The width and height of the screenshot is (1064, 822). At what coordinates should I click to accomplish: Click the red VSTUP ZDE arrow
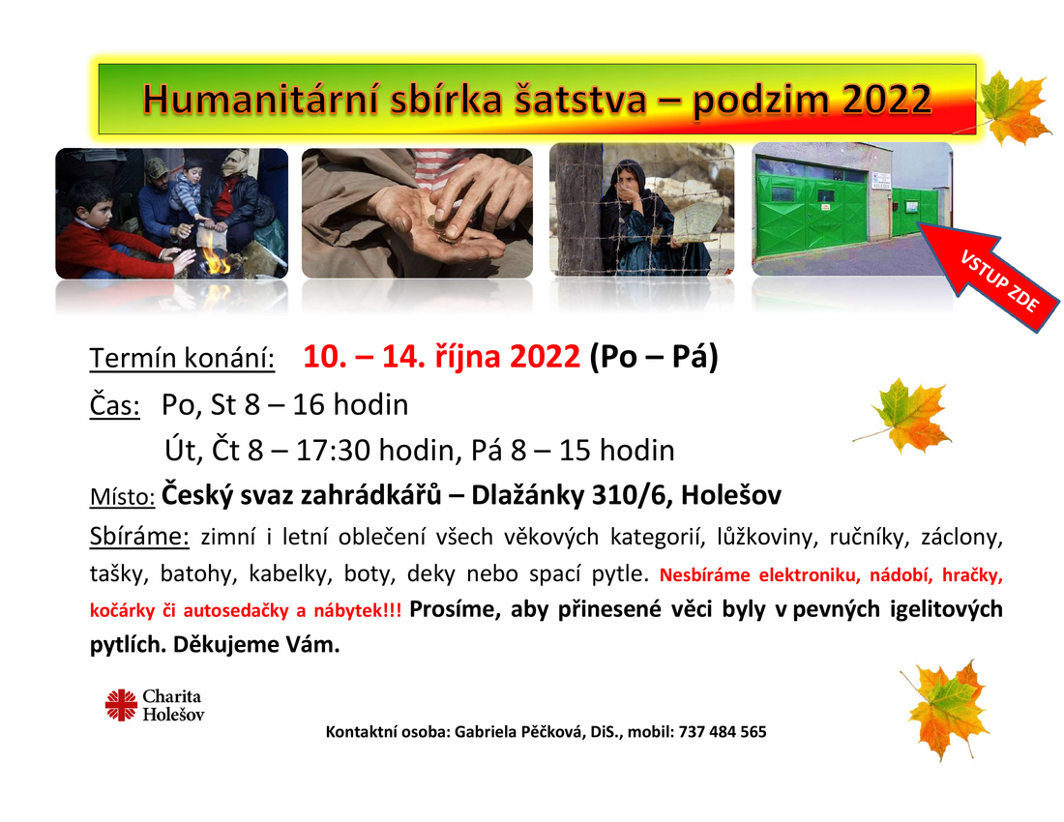pyautogui.click(x=989, y=276)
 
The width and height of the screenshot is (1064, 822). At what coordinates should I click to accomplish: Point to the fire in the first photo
pyautogui.click(x=217, y=259)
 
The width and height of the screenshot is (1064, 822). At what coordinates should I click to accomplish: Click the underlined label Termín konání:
pyautogui.click(x=182, y=358)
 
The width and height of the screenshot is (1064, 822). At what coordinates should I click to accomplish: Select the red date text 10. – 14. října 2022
pyautogui.click(x=442, y=356)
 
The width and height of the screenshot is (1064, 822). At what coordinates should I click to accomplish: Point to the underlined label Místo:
pyautogui.click(x=122, y=496)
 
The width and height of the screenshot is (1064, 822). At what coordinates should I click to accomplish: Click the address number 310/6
pyautogui.click(x=630, y=495)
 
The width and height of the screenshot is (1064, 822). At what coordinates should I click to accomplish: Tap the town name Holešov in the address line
pyautogui.click(x=731, y=495)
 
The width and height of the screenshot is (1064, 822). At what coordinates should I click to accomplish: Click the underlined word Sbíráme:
pyautogui.click(x=139, y=537)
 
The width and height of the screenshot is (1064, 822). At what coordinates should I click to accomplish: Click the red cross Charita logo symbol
pyautogui.click(x=122, y=705)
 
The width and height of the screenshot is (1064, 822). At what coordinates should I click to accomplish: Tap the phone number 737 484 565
pyautogui.click(x=723, y=732)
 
